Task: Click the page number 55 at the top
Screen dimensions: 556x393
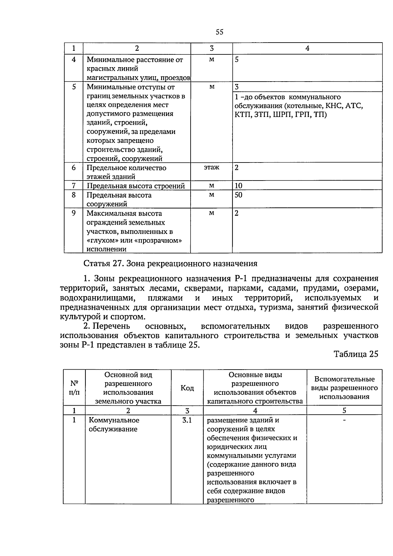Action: tap(219, 32)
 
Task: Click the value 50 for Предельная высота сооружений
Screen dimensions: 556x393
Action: tap(238, 195)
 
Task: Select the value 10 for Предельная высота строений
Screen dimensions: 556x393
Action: tap(238, 186)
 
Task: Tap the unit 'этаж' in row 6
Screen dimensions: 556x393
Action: tap(212, 167)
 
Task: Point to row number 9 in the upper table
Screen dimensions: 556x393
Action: tap(74, 213)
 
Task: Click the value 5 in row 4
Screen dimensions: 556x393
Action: tap(236, 60)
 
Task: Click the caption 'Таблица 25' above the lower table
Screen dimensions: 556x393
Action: tap(356, 354)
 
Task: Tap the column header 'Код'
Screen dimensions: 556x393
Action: tap(187, 388)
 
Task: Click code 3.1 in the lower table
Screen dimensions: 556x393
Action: tap(187, 420)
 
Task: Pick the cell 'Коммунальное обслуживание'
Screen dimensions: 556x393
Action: tap(114, 425)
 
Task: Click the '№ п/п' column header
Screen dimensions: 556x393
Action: tap(74, 388)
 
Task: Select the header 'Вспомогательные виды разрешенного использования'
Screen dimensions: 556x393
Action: tap(344, 388)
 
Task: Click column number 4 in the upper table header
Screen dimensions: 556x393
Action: tap(307, 48)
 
